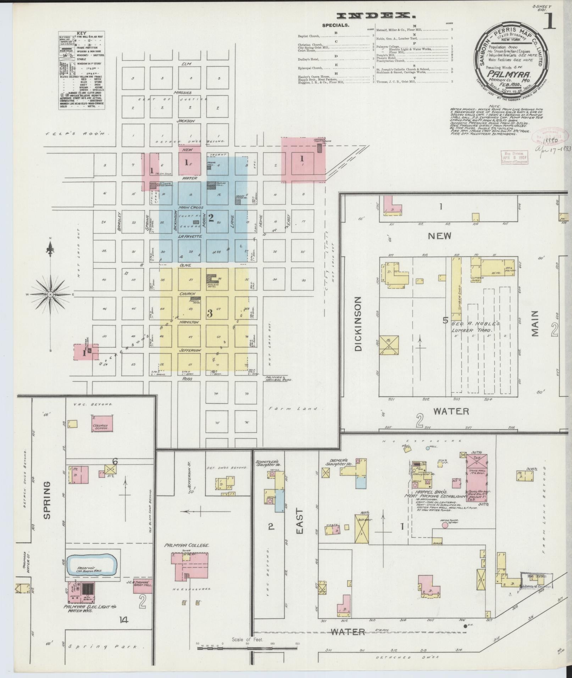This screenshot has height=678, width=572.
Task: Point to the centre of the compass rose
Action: click(x=50, y=294)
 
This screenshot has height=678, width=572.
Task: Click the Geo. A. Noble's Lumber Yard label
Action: click(x=476, y=327)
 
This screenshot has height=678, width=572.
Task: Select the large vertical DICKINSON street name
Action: click(x=358, y=324)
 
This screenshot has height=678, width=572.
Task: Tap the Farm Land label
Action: click(x=296, y=408)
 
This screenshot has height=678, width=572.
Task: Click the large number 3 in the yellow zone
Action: click(x=210, y=313)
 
